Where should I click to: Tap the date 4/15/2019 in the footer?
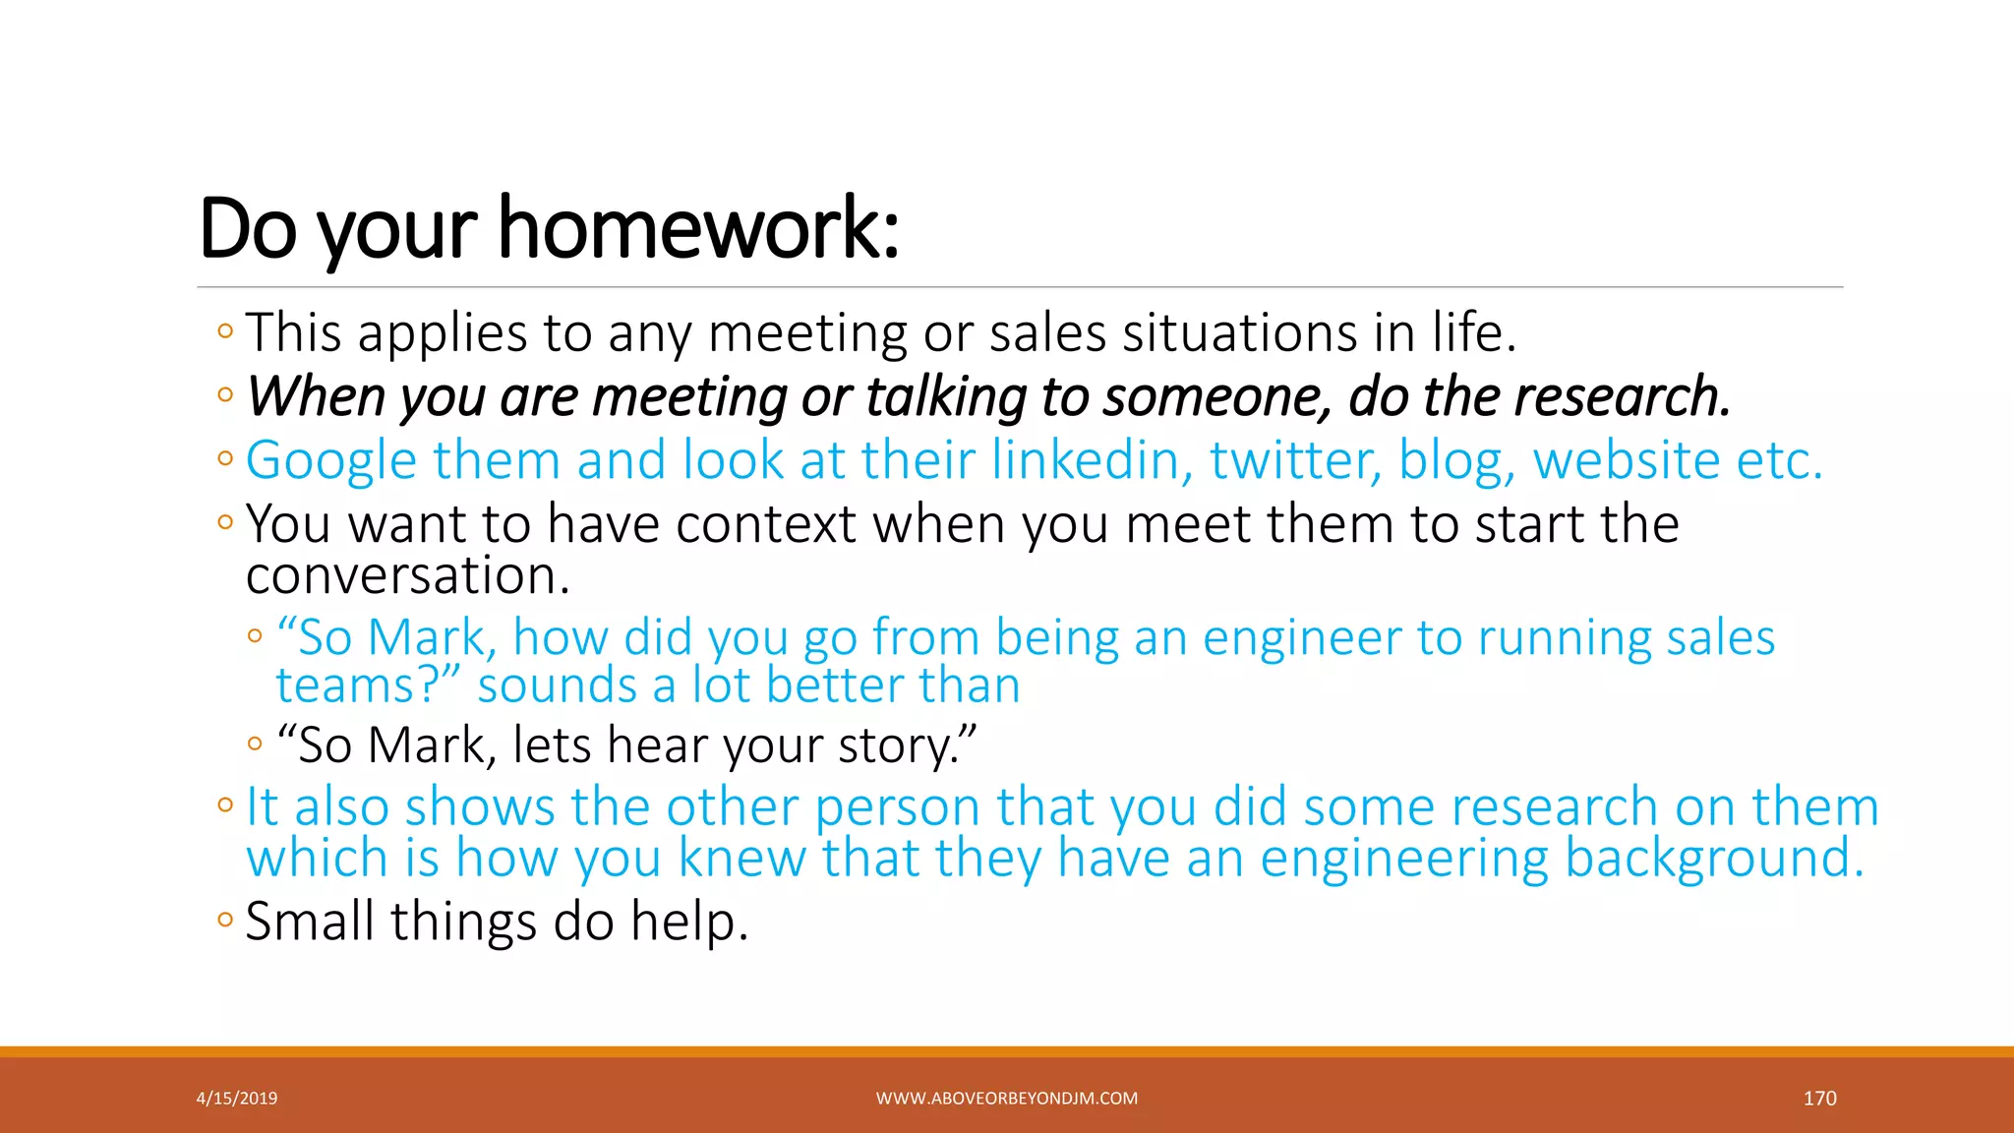pyautogui.click(x=237, y=1099)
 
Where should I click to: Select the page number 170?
pyautogui.click(x=1819, y=1099)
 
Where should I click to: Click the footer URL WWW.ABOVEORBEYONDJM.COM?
pyautogui.click(x=1006, y=1099)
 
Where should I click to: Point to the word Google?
pyautogui.click(x=331, y=461)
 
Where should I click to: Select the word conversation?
pyautogui.click(x=407, y=575)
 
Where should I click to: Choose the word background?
pyautogui.click(x=1713, y=858)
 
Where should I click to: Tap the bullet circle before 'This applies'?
pyautogui.click(x=225, y=331)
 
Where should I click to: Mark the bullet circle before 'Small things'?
pyautogui.click(x=225, y=921)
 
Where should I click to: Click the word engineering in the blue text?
pyautogui.click(x=1403, y=858)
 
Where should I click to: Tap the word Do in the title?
pyautogui.click(x=247, y=228)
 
